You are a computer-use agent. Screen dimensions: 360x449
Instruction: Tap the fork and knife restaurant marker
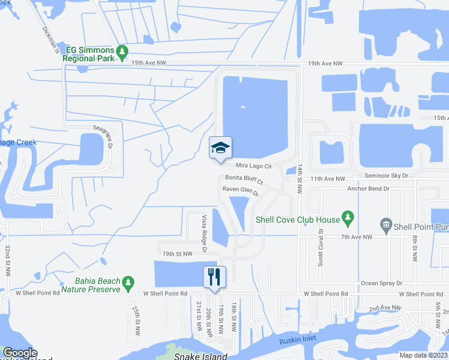(x=214, y=277)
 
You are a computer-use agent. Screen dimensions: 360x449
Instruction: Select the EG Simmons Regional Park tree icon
(x=122, y=52)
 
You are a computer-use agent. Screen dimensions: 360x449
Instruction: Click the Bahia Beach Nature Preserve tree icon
(x=127, y=282)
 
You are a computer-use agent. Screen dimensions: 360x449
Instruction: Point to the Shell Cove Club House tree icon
(x=346, y=215)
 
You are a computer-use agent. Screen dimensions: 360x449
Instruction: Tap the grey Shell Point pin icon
(x=386, y=226)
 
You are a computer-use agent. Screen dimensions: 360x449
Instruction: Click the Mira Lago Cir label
(x=254, y=166)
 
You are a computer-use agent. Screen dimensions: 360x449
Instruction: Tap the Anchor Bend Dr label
(x=369, y=188)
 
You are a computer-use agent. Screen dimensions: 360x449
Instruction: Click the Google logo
(x=20, y=353)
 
